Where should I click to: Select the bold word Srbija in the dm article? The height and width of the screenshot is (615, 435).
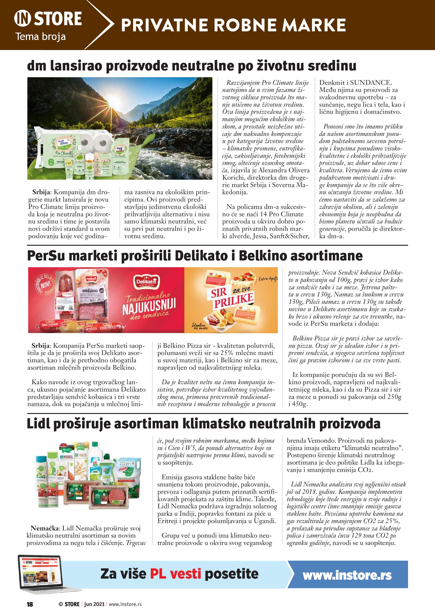point(41,192)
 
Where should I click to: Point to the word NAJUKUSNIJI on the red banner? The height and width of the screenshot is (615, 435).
point(149,306)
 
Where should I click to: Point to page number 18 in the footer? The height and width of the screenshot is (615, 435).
point(30,604)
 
